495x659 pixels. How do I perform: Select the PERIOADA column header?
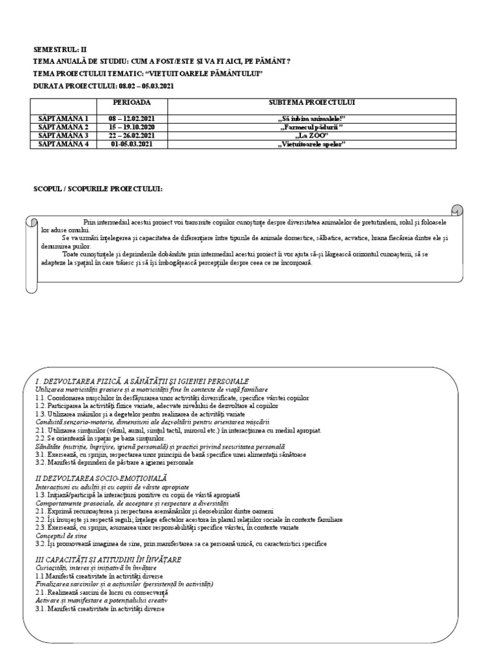pyautogui.click(x=132, y=103)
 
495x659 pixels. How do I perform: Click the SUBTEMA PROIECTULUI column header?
pyautogui.click(x=313, y=103)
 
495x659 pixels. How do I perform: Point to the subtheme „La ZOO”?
pyautogui.click(x=313, y=136)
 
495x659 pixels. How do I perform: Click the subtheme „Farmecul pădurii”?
pyautogui.click(x=313, y=127)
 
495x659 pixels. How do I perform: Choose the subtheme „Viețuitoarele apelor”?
pyautogui.click(x=313, y=144)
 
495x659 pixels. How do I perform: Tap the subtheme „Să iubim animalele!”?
pyautogui.click(x=313, y=119)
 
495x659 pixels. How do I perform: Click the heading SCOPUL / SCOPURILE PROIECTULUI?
pyautogui.click(x=98, y=189)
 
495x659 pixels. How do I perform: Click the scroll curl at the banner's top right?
pyautogui.click(x=456, y=211)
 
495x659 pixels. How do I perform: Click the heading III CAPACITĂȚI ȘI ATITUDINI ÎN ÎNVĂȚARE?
pyautogui.click(x=108, y=559)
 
